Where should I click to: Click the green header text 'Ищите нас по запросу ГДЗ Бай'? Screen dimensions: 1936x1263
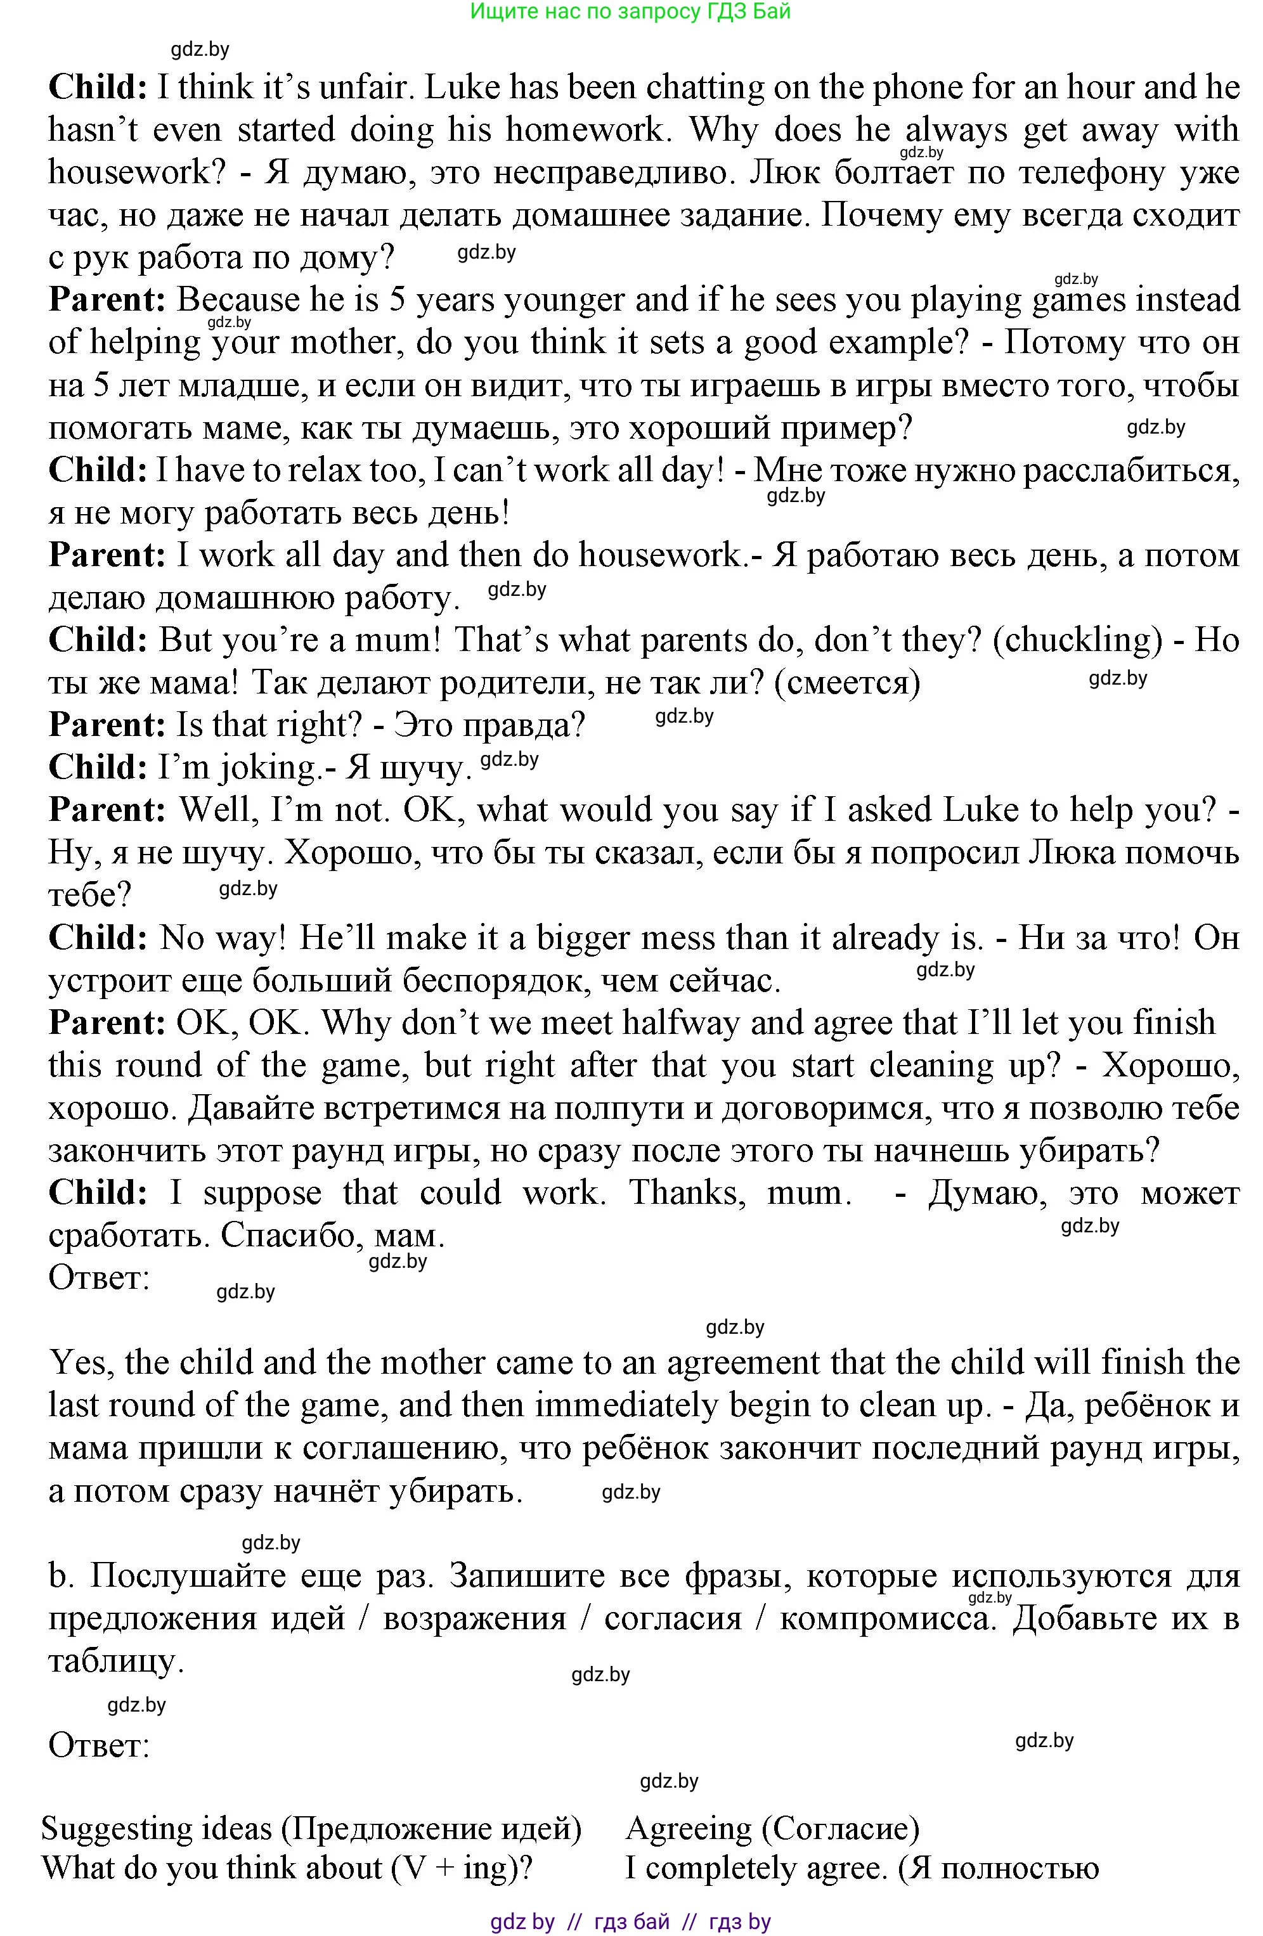[631, 11]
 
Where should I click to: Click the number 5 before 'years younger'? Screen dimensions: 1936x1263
[397, 300]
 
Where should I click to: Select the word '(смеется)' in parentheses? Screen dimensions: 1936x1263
[847, 683]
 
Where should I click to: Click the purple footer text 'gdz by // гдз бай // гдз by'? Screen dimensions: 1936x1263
[631, 1922]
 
